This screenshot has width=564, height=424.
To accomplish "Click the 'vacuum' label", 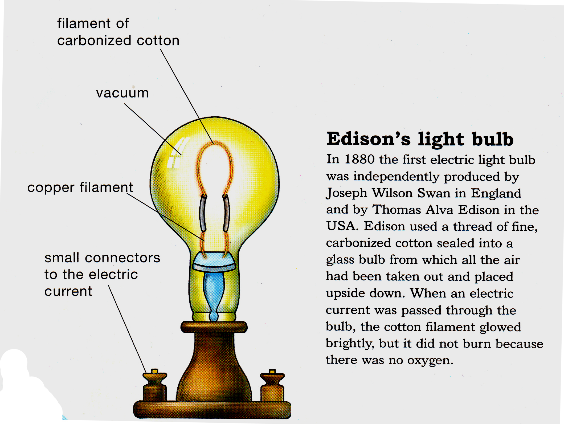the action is coord(122,93).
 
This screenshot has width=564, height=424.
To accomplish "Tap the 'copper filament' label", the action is coord(80,187).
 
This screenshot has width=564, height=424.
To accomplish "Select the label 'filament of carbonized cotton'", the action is coord(118,32).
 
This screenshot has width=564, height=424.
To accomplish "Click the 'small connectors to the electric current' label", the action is coord(102,274).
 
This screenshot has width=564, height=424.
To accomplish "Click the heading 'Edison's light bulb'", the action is coord(420,139).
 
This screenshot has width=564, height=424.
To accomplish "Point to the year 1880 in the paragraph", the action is coord(359,159).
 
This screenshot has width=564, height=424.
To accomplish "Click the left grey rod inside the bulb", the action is coord(203,213).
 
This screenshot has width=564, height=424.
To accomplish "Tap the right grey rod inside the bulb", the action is coord(226,213).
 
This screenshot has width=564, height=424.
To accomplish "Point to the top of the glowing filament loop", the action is coord(214,143).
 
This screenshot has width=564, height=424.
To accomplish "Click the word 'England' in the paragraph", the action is coord(496,193).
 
